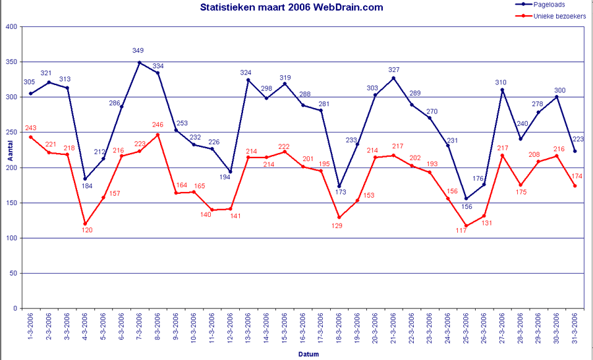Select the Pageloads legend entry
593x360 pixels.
(x=549, y=4)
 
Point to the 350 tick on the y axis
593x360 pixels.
(x=12, y=62)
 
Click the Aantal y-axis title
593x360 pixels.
(x=9, y=153)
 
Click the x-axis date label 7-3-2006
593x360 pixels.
(x=140, y=328)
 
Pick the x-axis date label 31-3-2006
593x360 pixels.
(x=575, y=328)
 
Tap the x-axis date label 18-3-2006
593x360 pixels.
(x=339, y=328)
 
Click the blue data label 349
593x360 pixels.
(x=138, y=51)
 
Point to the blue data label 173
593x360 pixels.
(x=340, y=193)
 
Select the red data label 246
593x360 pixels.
(x=157, y=125)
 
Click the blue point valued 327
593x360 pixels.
(x=393, y=78)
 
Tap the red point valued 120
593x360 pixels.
(x=85, y=224)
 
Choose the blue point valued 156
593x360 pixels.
(x=466, y=198)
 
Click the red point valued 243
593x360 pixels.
(x=30, y=137)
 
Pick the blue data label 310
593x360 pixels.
(x=501, y=82)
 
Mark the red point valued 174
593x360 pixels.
(x=575, y=186)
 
